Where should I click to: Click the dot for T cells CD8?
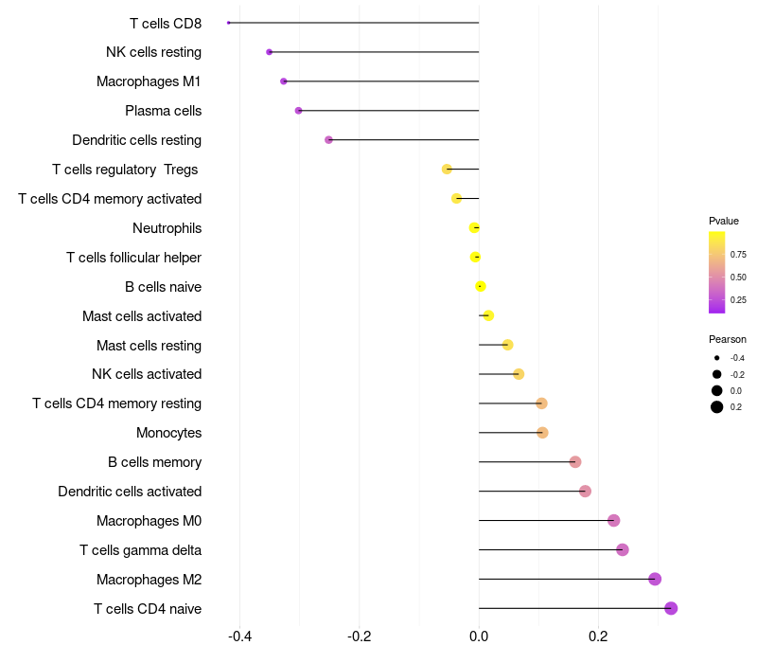229,23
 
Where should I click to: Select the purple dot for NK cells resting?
270,52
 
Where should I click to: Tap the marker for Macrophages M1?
284,81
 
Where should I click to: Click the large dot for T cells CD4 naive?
671,608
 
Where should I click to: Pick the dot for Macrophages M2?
655,579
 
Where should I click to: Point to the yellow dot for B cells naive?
481,287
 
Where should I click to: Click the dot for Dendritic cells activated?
585,492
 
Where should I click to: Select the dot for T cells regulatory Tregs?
447,170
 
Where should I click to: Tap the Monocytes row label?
169,433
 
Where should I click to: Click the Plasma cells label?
163,111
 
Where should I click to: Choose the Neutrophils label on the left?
167,228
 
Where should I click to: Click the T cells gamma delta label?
140,550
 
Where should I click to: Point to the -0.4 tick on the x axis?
240,636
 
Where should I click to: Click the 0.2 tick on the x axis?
598,636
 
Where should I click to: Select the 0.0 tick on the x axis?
479,636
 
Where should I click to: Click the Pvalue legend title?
724,221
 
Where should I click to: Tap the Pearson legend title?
728,339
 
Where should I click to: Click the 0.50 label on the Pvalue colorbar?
738,278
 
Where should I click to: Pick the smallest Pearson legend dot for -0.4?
717,358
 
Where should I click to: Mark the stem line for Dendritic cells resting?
404,139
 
